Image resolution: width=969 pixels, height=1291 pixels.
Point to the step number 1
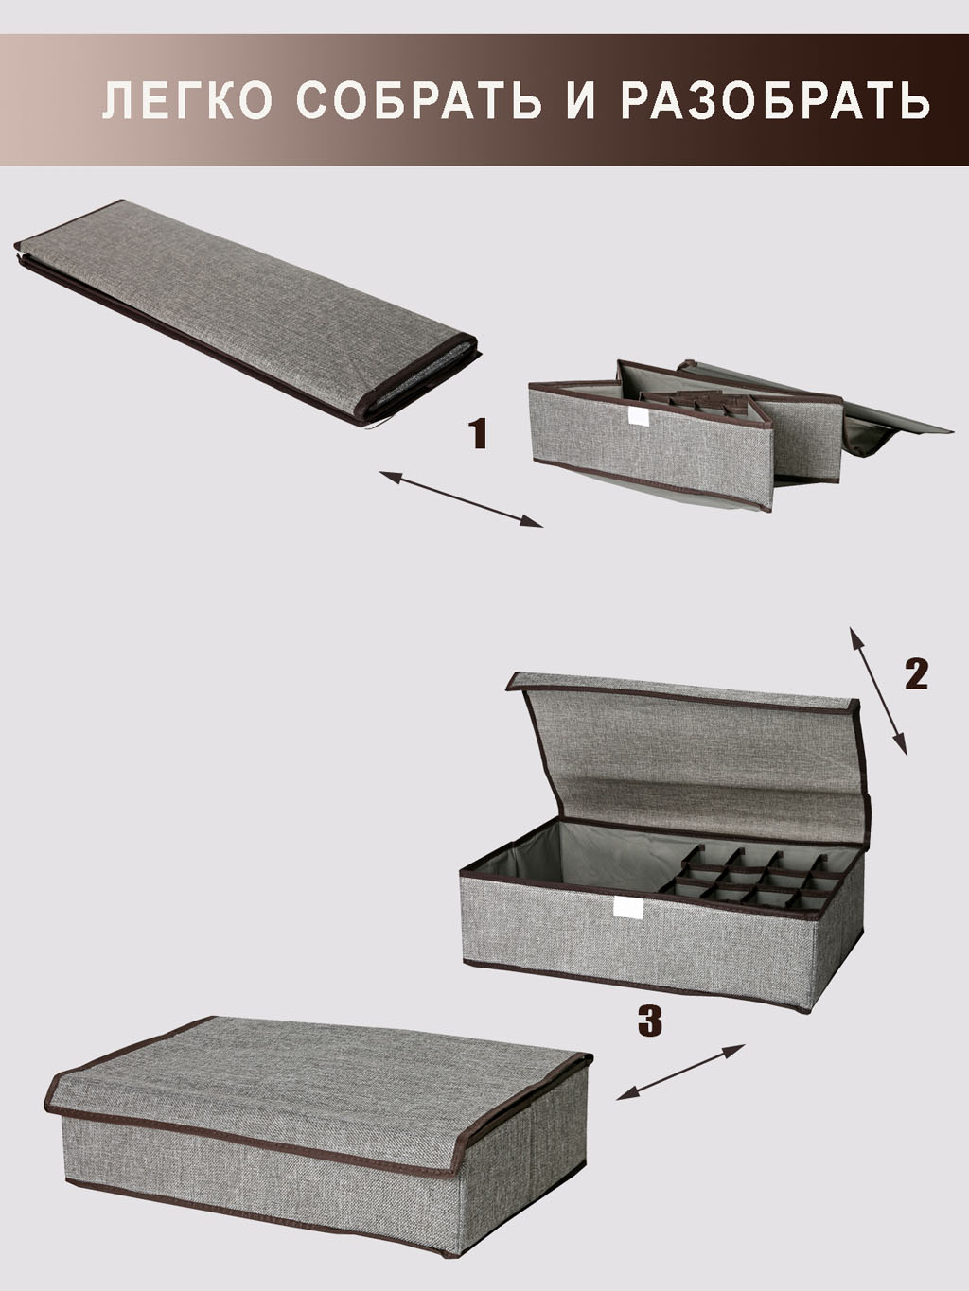coord(480,434)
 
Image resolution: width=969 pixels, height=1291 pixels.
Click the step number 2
coord(915,674)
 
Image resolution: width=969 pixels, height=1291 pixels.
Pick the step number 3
coord(649,1021)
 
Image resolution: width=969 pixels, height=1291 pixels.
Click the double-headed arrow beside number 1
coord(461,498)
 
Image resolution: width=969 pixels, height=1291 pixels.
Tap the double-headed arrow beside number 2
coord(878,691)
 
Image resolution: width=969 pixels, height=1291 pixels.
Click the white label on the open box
coord(625,908)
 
